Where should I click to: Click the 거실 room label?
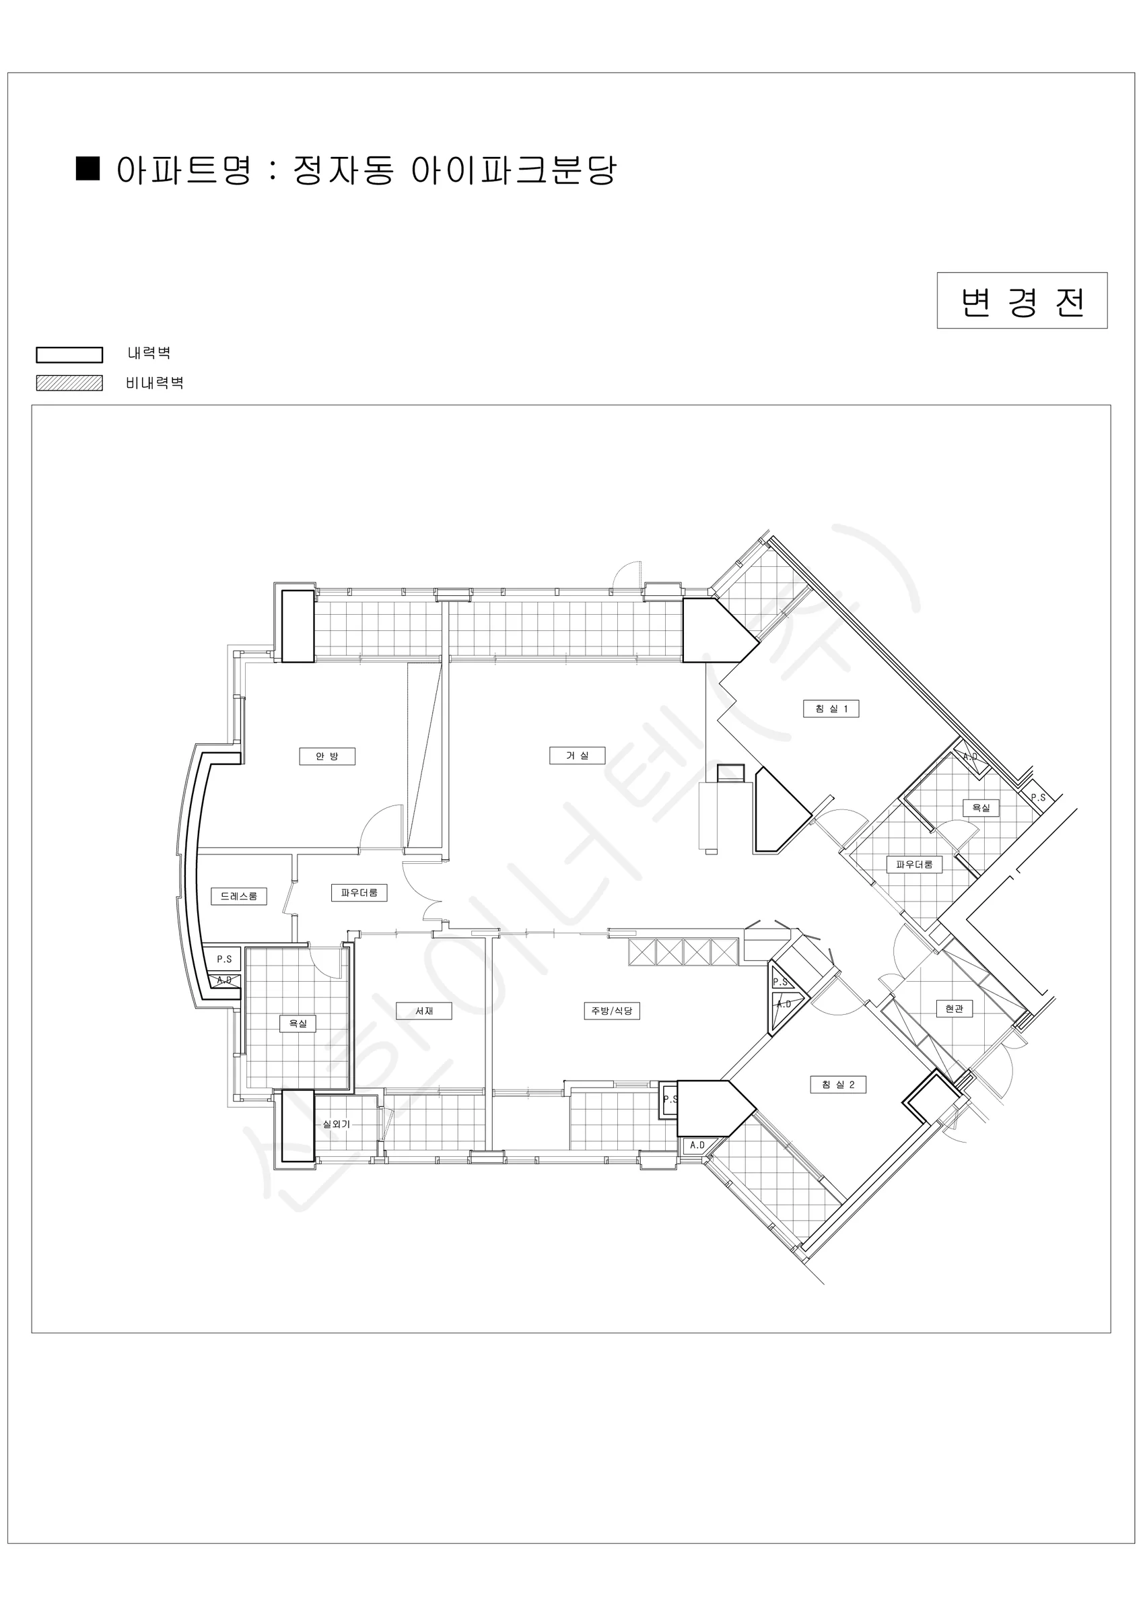[577, 755]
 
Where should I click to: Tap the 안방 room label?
[327, 756]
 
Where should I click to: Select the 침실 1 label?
[831, 708]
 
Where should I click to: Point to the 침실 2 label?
[837, 1085]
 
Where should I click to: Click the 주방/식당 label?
[612, 1011]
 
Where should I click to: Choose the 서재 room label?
[424, 1011]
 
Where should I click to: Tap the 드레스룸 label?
[239, 896]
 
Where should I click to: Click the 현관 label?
[955, 1009]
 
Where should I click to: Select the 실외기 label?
[337, 1124]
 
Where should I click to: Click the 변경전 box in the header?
[1022, 300]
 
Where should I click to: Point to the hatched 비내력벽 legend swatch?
[70, 383]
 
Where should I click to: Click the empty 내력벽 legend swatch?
[70, 355]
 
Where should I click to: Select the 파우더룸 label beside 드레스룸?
[359, 892]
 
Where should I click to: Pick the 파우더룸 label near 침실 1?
[914, 864]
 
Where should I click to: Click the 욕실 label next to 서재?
[298, 1023]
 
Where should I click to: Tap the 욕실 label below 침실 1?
[981, 807]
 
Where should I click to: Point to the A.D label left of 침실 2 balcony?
[697, 1145]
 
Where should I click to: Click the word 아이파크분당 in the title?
[514, 170]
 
